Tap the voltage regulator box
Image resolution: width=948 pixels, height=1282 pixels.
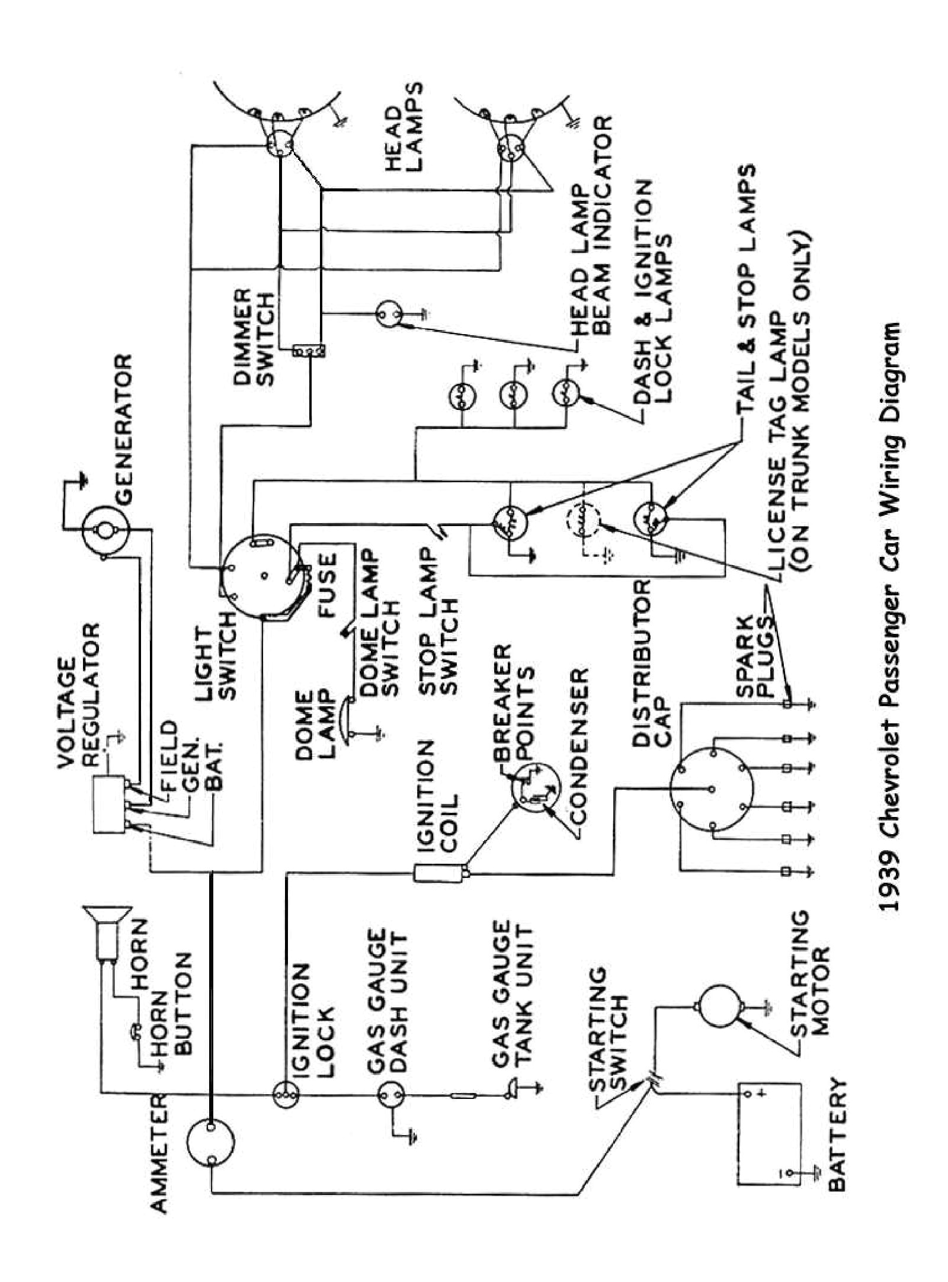click(110, 805)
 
